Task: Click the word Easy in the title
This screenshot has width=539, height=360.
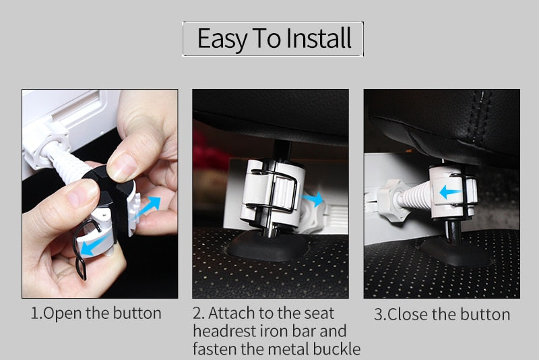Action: (221, 39)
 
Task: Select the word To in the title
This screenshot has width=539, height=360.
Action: (265, 39)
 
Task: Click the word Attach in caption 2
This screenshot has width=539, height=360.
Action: (230, 313)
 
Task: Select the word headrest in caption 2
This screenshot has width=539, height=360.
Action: (222, 331)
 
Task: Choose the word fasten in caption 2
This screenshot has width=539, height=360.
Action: (215, 349)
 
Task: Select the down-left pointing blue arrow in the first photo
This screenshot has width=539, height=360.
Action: (91, 247)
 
